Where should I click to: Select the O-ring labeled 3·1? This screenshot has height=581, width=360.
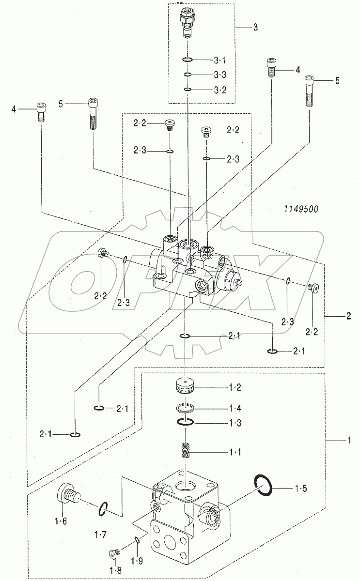(188, 60)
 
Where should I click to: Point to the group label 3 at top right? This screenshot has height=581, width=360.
(255, 27)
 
